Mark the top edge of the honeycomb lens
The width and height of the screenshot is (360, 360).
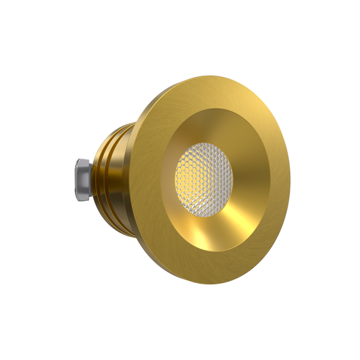pos(202,143)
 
